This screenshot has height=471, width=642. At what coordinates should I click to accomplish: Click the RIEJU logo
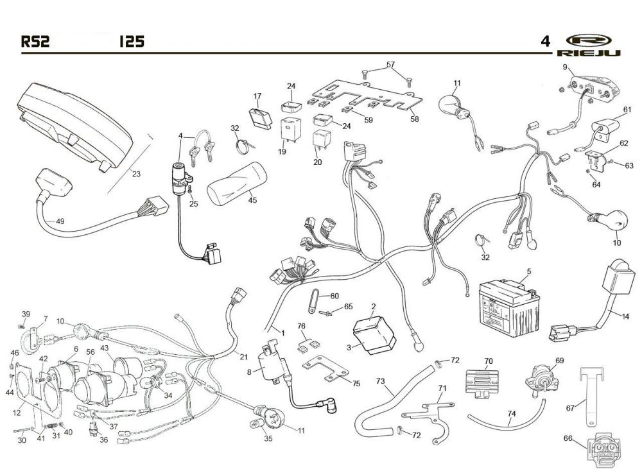point(589,45)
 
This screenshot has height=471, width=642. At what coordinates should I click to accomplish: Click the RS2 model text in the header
point(35,41)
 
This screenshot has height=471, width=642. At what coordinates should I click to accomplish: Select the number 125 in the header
point(132,41)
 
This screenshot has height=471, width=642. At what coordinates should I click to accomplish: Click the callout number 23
point(136,174)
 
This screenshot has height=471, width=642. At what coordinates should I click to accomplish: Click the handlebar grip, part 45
point(237,183)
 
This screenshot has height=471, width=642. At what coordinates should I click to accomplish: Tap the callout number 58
point(415,119)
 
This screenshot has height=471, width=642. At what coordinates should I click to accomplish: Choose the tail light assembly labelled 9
point(589,89)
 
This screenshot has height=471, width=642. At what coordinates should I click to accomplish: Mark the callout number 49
point(60,221)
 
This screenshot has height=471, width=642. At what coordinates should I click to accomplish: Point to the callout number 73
point(380,381)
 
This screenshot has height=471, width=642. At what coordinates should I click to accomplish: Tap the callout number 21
point(243,357)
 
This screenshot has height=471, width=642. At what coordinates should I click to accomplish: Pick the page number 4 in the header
point(545,41)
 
